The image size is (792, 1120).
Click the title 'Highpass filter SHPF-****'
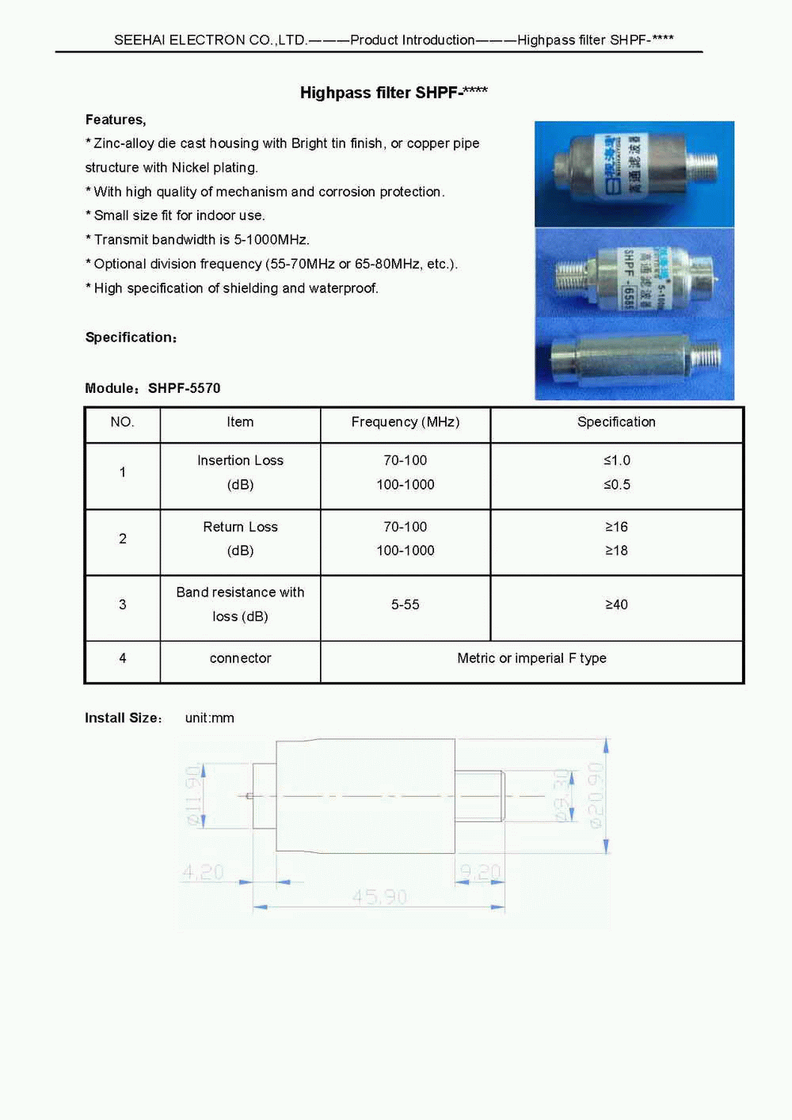point(394,93)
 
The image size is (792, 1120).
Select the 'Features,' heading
point(116,120)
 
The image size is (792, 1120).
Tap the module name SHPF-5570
point(184,388)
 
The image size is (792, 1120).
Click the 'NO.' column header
point(122,422)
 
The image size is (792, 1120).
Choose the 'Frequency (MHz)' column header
point(405,422)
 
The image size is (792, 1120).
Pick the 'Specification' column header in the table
point(616,422)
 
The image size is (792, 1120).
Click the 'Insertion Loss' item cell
point(240,461)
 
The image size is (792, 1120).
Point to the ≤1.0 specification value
point(616,460)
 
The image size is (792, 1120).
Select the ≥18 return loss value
point(616,550)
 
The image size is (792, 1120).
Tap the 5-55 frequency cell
point(405,604)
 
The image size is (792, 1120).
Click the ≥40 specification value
point(616,604)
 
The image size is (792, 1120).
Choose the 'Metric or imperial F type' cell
point(531,658)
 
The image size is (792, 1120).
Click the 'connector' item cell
point(240,658)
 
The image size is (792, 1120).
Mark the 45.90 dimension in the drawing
point(379,897)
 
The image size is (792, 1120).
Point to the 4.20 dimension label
point(203,872)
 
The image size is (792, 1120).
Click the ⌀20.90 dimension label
point(596,795)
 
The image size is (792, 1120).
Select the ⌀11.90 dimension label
point(193,795)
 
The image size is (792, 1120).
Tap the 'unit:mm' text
point(209,718)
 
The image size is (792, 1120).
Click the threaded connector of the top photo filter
point(702,166)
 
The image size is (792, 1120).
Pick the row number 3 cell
point(122,604)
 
